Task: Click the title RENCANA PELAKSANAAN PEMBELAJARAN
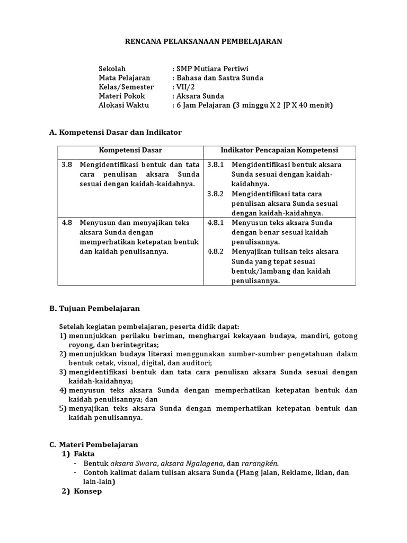(x=203, y=41)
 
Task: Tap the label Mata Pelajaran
(x=125, y=78)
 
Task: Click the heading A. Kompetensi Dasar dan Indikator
(x=115, y=132)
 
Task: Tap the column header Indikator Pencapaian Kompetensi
(x=279, y=150)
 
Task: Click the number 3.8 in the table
(x=66, y=165)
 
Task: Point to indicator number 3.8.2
(x=216, y=194)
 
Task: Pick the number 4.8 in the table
(x=66, y=223)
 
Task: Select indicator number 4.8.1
(x=216, y=223)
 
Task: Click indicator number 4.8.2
(x=216, y=251)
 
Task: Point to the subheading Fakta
(x=84, y=454)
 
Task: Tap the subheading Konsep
(x=87, y=491)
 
